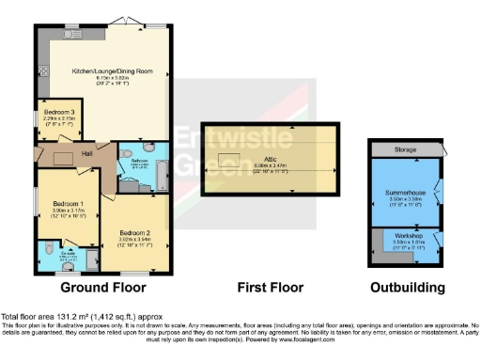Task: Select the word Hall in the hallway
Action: coord(85,154)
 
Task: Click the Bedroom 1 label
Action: coord(69,203)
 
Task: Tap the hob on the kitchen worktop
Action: coord(41,71)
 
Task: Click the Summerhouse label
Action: coord(405,193)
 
